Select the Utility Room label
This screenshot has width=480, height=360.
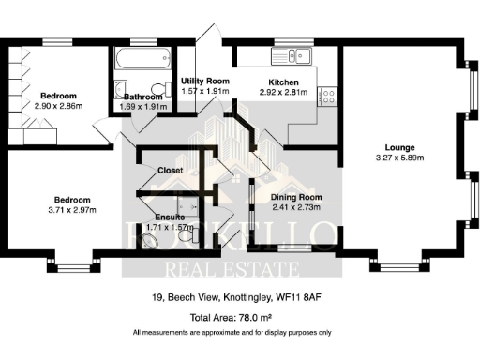point(204,82)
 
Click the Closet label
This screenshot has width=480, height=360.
point(171,171)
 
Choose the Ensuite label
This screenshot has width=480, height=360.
point(170,217)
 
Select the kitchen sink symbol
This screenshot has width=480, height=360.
point(298,54)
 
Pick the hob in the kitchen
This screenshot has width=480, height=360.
point(329,96)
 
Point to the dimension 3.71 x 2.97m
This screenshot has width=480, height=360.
point(71,211)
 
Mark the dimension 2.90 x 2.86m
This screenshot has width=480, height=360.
point(58,108)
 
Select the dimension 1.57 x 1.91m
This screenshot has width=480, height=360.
point(204,92)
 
